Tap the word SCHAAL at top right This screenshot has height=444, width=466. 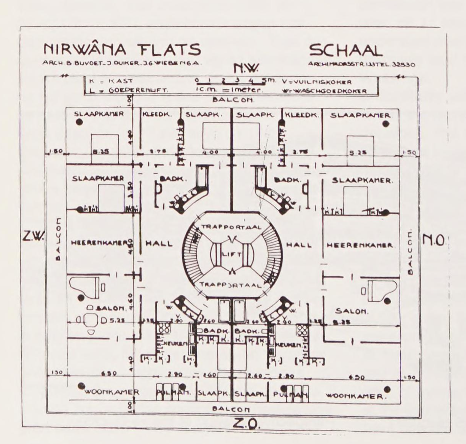(346, 50)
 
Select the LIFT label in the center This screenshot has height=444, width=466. (231, 254)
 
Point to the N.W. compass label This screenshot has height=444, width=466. (246, 68)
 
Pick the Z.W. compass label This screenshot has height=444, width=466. (33, 236)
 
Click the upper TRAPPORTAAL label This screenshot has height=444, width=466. (231, 227)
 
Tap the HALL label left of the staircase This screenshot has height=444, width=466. (159, 244)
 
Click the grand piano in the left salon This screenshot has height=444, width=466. (84, 287)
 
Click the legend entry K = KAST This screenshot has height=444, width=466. (111, 81)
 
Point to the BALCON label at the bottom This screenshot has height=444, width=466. (231, 409)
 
